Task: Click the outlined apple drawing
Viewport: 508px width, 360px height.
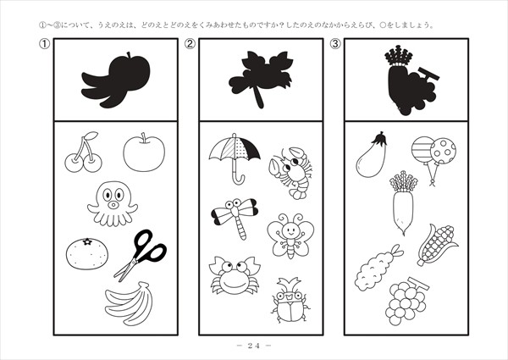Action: click(x=144, y=152)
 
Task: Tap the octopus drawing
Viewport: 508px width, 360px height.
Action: click(x=113, y=203)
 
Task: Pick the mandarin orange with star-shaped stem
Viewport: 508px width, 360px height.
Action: click(x=87, y=253)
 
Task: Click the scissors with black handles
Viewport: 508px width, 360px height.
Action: click(x=141, y=255)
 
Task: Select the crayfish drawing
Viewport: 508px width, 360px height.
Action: click(x=290, y=173)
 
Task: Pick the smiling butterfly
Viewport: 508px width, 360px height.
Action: click(x=290, y=235)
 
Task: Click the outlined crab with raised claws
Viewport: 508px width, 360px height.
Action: click(x=235, y=275)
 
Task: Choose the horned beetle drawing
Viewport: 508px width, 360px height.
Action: click(x=290, y=301)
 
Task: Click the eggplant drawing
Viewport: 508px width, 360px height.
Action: click(x=372, y=156)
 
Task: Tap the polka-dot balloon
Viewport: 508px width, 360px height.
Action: click(x=443, y=151)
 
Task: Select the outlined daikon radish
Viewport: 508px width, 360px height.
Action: click(x=403, y=203)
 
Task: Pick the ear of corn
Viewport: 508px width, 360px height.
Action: click(x=437, y=245)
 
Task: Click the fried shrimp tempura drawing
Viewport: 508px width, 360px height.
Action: click(x=378, y=269)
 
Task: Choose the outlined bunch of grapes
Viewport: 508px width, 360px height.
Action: click(x=406, y=302)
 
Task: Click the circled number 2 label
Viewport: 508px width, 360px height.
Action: click(x=190, y=44)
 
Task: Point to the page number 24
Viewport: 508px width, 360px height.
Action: click(x=254, y=346)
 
